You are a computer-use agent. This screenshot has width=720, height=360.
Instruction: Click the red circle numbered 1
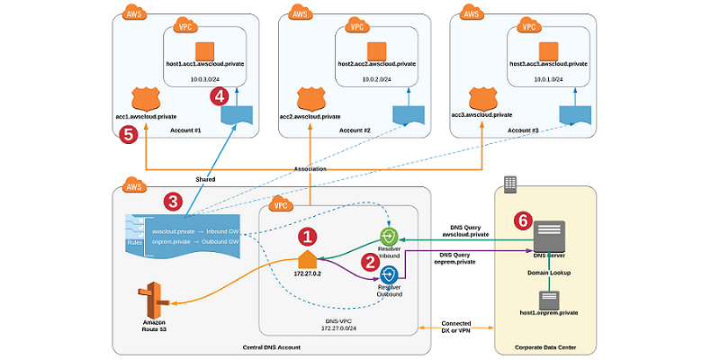coord(308,237)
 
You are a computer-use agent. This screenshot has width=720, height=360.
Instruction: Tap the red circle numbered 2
coord(368,262)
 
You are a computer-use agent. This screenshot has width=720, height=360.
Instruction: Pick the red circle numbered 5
coord(128,134)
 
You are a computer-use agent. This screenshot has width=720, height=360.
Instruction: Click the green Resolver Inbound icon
coord(390,241)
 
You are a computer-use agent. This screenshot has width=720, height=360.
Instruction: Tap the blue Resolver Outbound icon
coord(390,274)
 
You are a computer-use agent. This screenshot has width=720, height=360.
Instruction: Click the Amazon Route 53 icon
coord(154,297)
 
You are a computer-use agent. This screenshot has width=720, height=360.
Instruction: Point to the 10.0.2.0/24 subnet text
coord(378,79)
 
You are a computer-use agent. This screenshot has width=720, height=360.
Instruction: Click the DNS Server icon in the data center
coord(549,236)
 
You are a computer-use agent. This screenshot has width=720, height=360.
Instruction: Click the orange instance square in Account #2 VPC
coord(377,49)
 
